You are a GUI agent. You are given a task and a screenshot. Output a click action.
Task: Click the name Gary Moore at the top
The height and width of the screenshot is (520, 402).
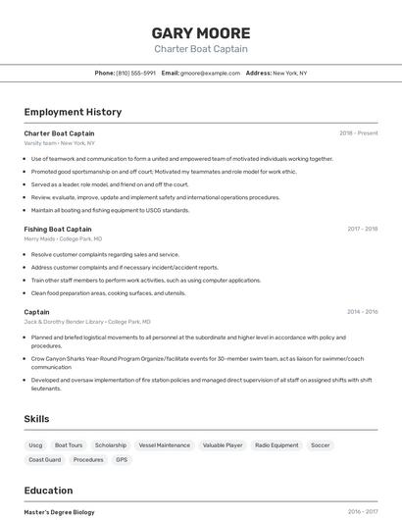coord(200,32)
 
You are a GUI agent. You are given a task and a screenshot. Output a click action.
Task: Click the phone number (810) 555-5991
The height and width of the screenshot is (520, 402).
coord(135,73)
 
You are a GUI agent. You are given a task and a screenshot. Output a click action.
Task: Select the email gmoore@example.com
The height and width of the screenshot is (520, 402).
coord(210,73)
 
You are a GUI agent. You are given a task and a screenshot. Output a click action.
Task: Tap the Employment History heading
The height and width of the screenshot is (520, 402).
coord(73,112)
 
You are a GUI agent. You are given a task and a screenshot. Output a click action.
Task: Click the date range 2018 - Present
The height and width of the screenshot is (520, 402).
coord(358,132)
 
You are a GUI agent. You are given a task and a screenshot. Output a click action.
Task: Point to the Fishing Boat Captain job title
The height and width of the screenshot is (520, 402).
coord(58,229)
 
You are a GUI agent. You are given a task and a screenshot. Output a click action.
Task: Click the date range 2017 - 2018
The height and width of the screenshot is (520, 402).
coord(362,229)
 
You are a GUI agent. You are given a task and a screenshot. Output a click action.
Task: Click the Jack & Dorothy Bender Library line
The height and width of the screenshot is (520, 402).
coord(86,321)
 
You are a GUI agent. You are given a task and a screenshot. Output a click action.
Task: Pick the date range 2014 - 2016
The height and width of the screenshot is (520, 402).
coord(362,312)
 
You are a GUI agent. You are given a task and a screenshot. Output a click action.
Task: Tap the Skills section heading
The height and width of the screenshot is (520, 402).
coord(36,419)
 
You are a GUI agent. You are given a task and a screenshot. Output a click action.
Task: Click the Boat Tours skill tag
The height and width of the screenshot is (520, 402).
coord(69,445)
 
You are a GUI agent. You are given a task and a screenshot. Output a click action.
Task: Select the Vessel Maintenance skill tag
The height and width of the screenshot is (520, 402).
coord(164,445)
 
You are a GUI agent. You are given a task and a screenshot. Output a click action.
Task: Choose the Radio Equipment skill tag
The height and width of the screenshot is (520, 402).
coord(276,445)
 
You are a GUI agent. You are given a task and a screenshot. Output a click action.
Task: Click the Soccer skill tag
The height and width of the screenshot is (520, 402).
coord(321,445)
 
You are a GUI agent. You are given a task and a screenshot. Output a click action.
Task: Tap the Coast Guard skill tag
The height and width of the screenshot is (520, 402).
coord(45,459)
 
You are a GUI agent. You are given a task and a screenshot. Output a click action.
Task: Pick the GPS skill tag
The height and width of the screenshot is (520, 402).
coord(122,459)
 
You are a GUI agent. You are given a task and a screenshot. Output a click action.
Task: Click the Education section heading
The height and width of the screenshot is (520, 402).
coord(48,491)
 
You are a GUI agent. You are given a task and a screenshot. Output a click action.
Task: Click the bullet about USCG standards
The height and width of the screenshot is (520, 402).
coord(110,210)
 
